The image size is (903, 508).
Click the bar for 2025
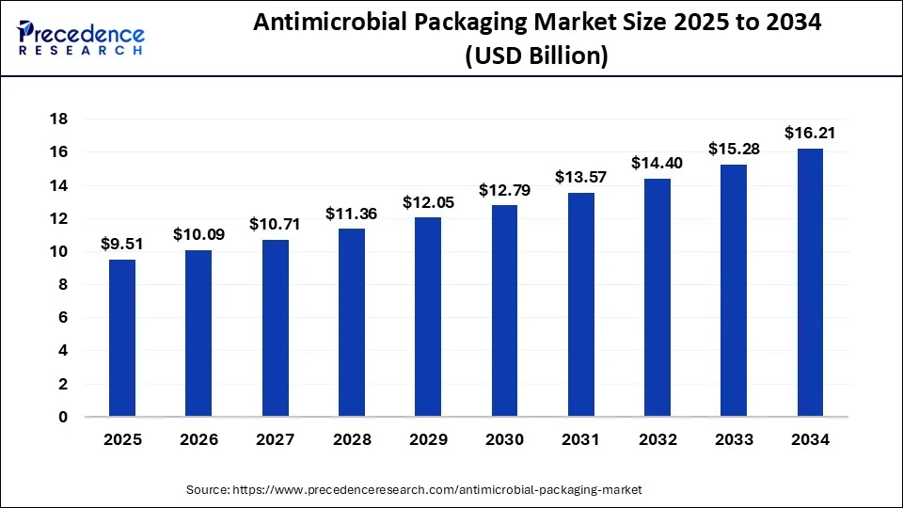(122, 338)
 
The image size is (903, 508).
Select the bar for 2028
(352, 323)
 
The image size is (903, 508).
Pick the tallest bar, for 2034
(811, 282)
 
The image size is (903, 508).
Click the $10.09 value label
(198, 234)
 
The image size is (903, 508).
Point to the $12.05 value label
(428, 202)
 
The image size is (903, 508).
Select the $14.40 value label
(657, 163)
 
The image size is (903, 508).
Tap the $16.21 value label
(811, 133)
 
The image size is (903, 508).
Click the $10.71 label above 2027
(275, 224)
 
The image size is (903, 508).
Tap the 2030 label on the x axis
(505, 439)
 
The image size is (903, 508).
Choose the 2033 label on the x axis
(735, 439)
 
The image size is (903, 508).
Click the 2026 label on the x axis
(198, 439)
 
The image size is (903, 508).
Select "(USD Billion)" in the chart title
(537, 56)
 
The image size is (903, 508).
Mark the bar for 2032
(657, 297)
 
